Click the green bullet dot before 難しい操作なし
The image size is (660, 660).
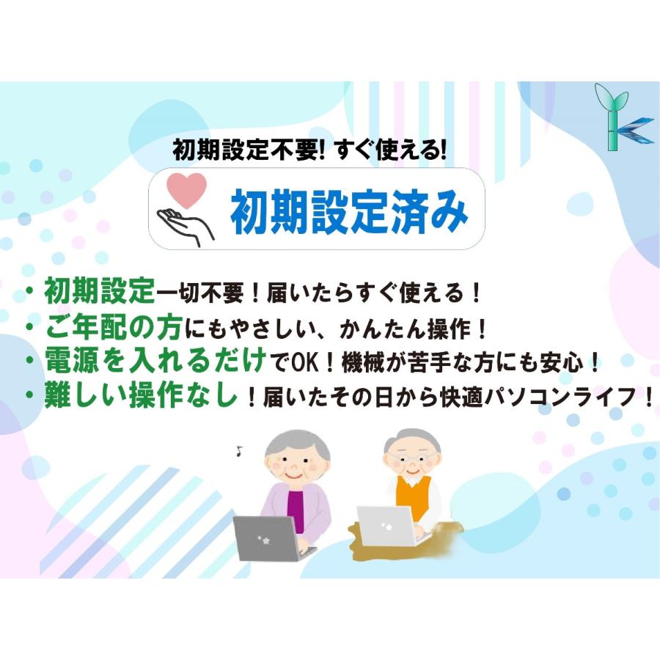30,396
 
